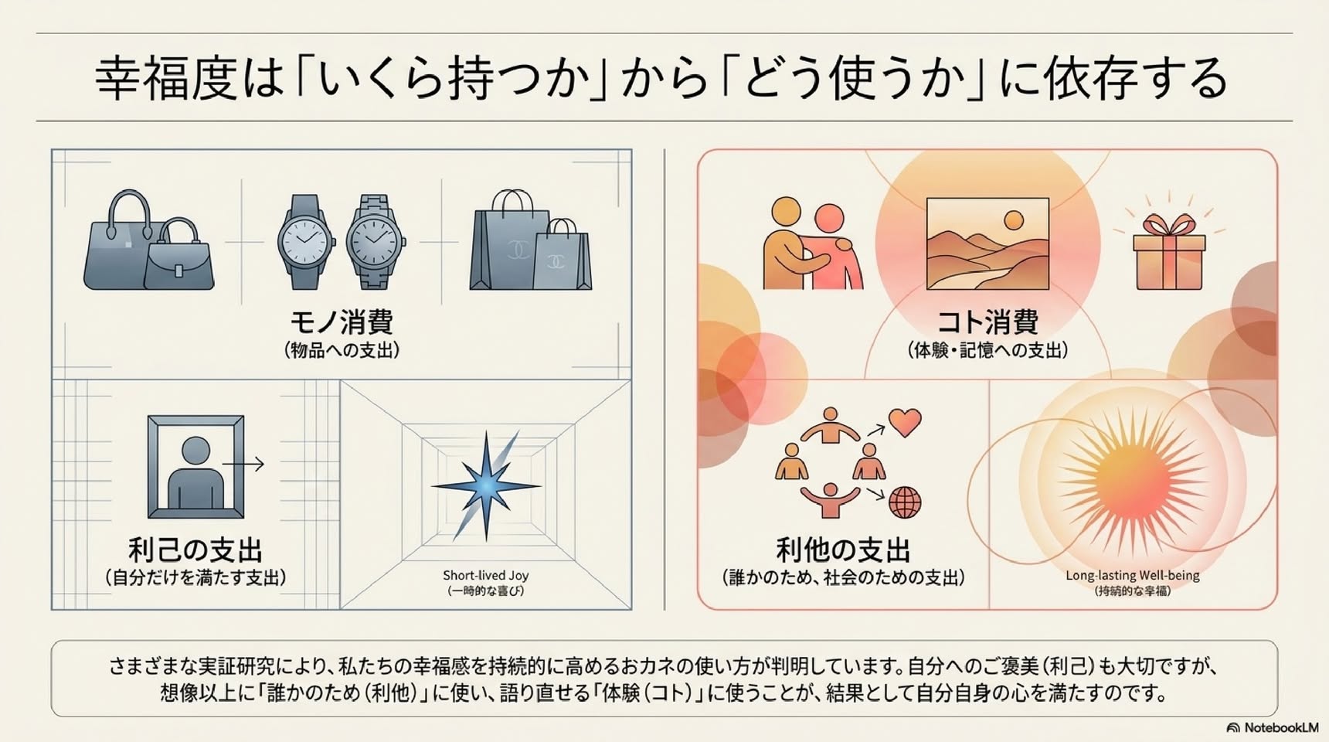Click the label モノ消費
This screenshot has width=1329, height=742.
(342, 322)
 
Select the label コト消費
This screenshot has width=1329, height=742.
(987, 322)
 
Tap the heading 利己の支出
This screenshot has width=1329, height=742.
(195, 550)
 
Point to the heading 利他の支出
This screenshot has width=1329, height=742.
(843, 550)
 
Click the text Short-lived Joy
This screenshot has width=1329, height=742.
(485, 575)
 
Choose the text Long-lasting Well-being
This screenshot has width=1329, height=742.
(1132, 575)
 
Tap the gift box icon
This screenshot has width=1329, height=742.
(1168, 252)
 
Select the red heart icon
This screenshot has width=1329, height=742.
(905, 423)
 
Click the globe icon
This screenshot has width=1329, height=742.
(905, 503)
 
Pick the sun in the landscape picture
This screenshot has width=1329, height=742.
(1013, 220)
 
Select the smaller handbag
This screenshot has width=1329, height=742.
(179, 256)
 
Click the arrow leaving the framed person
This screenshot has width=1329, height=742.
(243, 464)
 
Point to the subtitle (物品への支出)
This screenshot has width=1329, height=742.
(342, 350)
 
